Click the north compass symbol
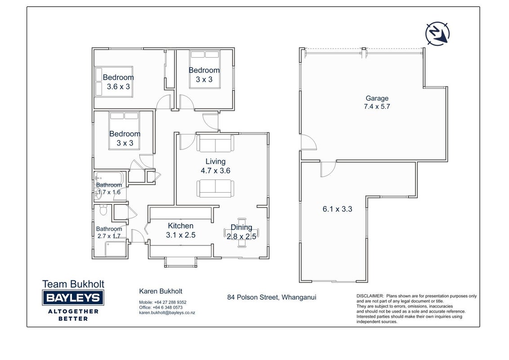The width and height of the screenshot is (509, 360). (x=438, y=33)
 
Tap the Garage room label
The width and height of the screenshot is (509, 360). (x=377, y=98)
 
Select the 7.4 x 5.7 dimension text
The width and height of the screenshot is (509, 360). (x=377, y=107)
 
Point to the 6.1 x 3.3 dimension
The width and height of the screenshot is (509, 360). (x=337, y=209)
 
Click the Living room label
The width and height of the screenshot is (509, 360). (x=215, y=162)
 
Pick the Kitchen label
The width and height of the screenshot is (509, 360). (x=180, y=226)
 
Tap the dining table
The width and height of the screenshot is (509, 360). (x=241, y=233)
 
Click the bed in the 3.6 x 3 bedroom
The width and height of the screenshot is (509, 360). (x=114, y=82)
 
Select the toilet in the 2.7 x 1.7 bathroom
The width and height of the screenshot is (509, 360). (x=103, y=210)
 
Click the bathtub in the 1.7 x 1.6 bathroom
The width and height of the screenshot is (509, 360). (x=109, y=178)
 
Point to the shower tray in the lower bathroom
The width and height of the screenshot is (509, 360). (x=116, y=249)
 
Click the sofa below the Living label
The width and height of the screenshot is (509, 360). (x=215, y=189)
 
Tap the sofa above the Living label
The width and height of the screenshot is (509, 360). (x=215, y=143)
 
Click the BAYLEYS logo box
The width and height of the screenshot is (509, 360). (x=73, y=297)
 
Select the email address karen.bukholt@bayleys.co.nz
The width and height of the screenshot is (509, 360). (x=167, y=313)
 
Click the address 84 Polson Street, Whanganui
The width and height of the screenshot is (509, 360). (x=272, y=297)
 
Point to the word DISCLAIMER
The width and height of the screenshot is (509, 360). (x=370, y=296)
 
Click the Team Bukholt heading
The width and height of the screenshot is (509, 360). (x=73, y=284)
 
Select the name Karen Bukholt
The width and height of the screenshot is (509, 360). (x=161, y=291)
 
